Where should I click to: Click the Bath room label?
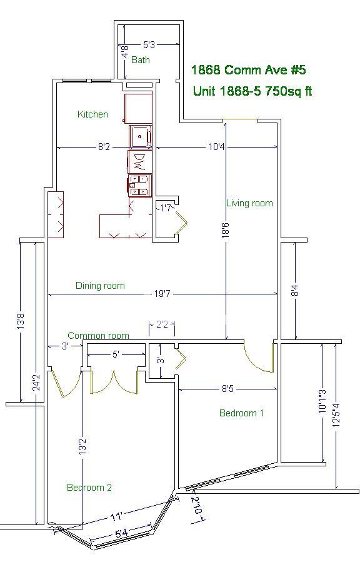click(140, 59)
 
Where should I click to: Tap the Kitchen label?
click(92, 114)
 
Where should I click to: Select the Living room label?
click(249, 203)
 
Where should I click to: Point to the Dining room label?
click(100, 286)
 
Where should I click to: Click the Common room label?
click(98, 336)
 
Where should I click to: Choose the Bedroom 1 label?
click(241, 413)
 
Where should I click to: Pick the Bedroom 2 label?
click(89, 488)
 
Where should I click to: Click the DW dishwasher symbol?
click(139, 163)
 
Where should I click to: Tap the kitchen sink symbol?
click(140, 137)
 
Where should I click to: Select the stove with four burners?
click(139, 186)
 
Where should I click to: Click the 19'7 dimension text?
click(162, 294)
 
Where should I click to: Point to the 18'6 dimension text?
click(226, 231)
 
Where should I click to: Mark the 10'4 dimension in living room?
click(217, 147)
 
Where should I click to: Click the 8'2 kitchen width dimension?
click(104, 147)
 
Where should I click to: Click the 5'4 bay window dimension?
click(121, 533)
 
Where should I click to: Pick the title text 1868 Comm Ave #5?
click(248, 70)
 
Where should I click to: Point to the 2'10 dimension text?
click(197, 506)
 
